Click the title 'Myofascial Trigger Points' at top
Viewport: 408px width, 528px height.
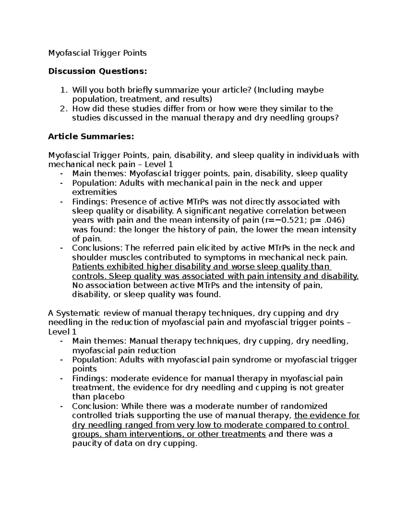pos(97,53)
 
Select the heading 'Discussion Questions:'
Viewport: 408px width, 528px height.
pos(98,71)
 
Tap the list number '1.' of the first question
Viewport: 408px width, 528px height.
pos(63,90)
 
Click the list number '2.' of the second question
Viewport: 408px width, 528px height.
pos(63,109)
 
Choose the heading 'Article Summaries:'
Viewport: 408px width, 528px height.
pos(91,137)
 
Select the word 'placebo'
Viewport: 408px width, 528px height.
pos(108,397)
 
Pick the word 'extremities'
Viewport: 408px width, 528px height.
pos(95,192)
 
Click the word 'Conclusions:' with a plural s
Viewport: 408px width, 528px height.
pos(97,248)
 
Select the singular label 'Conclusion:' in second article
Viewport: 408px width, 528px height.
pos(95,406)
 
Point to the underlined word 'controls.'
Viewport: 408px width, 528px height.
pos(88,276)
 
